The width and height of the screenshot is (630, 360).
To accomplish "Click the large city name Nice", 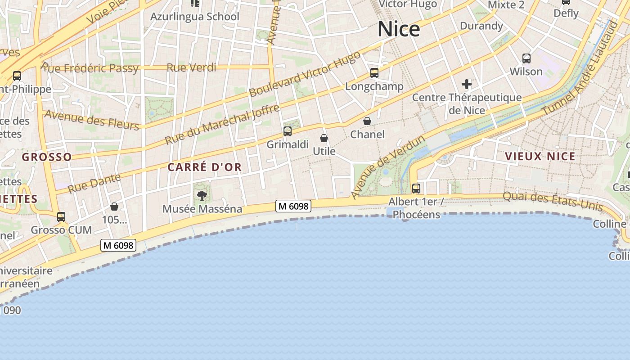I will (x=399, y=30).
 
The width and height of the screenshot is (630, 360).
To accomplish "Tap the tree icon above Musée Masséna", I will (x=202, y=195).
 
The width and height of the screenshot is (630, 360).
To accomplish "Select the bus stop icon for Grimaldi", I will (x=288, y=131).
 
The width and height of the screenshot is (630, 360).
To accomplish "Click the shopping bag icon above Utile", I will (x=324, y=138).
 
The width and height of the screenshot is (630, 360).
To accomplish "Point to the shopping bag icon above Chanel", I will (x=367, y=121).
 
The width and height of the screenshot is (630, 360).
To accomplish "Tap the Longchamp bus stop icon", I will (x=374, y=73).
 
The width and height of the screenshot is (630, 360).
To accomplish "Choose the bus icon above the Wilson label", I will (x=526, y=58).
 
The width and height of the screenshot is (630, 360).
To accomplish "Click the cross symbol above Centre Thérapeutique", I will (x=467, y=84).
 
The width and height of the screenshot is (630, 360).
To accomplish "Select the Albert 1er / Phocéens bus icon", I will (x=416, y=188).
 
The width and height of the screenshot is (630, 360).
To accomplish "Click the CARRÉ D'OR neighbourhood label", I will (x=205, y=167).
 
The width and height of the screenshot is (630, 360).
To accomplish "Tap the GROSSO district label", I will (x=47, y=157).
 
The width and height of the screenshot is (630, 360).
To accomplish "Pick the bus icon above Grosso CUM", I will (x=61, y=217).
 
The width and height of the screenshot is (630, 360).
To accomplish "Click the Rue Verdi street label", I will (x=191, y=68).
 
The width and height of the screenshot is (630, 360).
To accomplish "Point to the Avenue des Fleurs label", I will (x=92, y=120).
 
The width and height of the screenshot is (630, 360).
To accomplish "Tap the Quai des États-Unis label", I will (x=553, y=201).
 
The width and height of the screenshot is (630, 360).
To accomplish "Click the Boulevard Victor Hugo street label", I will (x=305, y=74).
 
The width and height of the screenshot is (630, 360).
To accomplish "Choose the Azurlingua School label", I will (x=195, y=17).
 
